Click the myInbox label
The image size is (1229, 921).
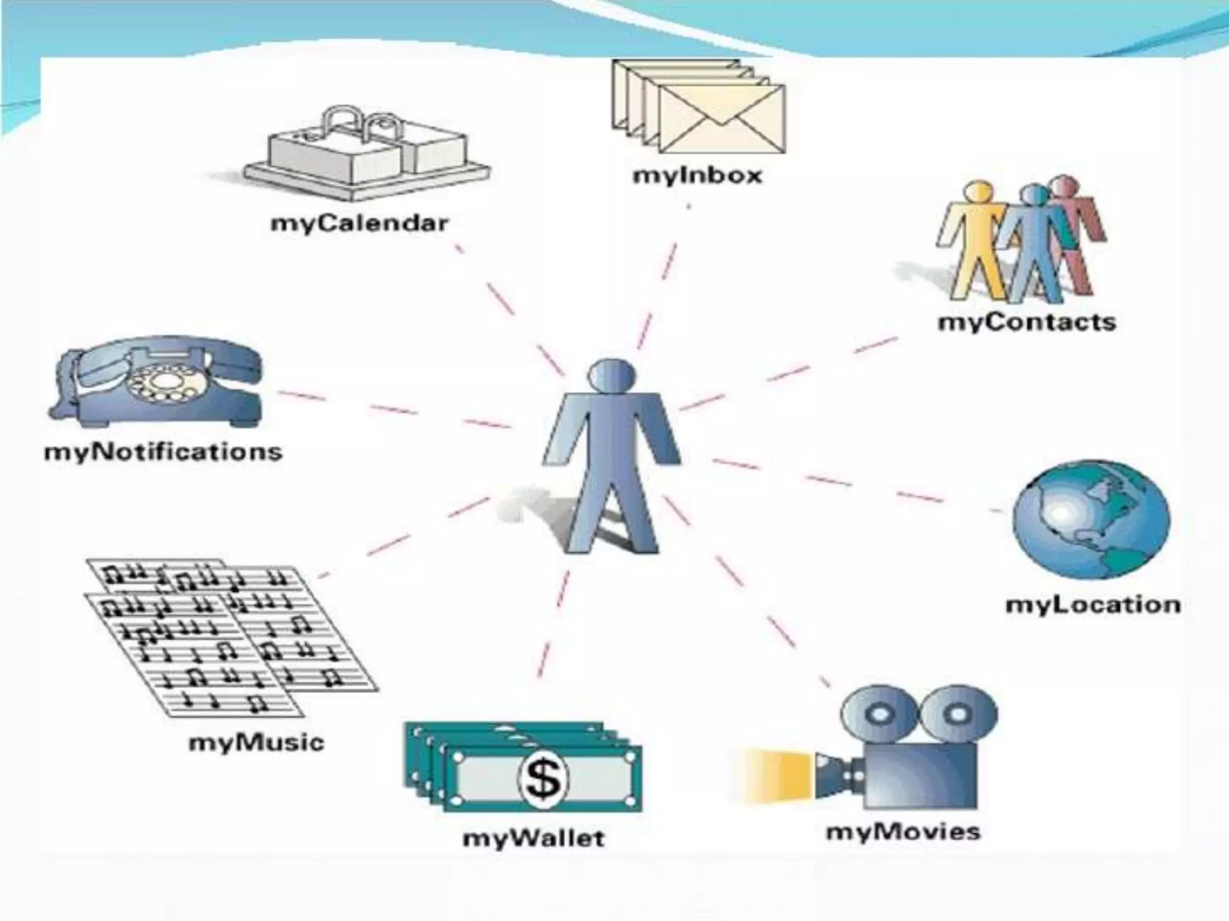(x=697, y=176)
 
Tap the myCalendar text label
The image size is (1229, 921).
(x=359, y=224)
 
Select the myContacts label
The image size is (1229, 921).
(x=1026, y=322)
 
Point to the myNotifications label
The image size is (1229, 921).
(x=163, y=452)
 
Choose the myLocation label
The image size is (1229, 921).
(x=1093, y=604)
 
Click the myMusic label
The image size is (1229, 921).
(x=256, y=743)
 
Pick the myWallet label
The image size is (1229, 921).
(x=533, y=838)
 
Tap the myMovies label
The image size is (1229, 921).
(x=903, y=832)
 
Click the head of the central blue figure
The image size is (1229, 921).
(x=611, y=375)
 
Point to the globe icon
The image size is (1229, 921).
(x=1090, y=520)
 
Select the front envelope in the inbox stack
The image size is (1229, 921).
(x=721, y=118)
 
